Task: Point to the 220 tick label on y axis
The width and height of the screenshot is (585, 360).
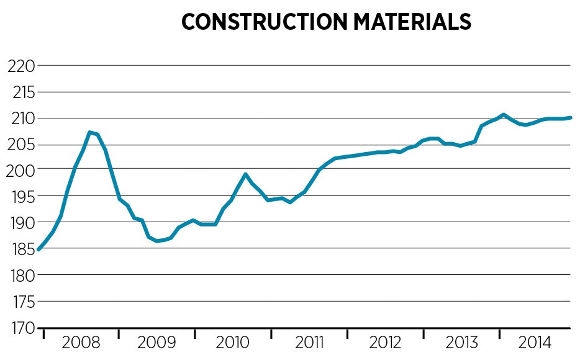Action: tap(20, 65)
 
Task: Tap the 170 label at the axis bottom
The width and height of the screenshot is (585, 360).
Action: tap(20, 328)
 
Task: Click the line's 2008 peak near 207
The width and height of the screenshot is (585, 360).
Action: tap(90, 132)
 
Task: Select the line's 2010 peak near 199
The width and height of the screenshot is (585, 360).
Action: tap(245, 174)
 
